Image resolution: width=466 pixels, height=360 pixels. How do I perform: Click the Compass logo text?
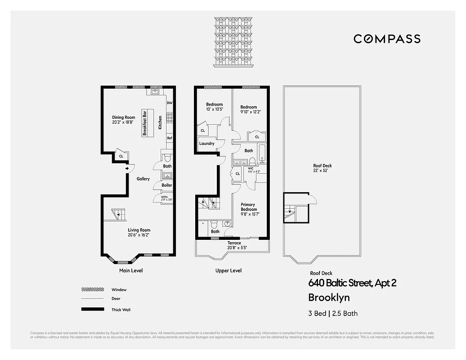coord(387,39)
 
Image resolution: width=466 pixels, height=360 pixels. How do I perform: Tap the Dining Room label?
coord(124,117)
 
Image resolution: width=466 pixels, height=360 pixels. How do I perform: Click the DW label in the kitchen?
coord(170,103)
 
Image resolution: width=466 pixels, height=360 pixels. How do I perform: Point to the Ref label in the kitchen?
coord(170,138)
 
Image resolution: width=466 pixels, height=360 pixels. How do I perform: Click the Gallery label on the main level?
coord(143,179)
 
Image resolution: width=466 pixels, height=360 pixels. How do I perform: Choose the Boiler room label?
coord(167,185)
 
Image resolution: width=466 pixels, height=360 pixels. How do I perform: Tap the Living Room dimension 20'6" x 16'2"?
coord(139,234)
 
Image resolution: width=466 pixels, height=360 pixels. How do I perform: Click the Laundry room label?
coord(207,144)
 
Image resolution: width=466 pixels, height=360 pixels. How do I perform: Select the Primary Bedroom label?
coord(249,207)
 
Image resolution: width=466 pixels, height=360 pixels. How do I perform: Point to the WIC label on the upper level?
coord(251,168)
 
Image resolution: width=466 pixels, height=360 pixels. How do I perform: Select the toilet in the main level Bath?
coord(167,157)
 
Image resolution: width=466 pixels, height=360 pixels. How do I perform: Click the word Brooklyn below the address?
coord(329,297)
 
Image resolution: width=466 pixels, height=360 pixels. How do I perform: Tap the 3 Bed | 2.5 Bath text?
coord(333,313)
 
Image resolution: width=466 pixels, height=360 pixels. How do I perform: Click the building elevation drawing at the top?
coord(233,41)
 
